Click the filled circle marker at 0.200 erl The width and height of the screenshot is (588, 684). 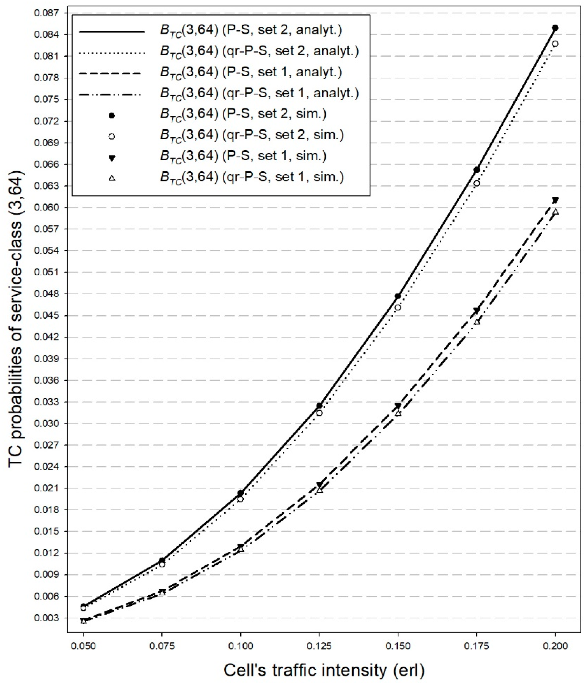pyautogui.click(x=555, y=28)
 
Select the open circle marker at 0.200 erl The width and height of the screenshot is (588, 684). pyautogui.click(x=555, y=44)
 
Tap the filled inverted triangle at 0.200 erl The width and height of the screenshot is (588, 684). pyautogui.click(x=555, y=200)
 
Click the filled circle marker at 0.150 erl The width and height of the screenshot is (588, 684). pyautogui.click(x=398, y=296)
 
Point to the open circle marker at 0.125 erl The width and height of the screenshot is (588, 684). pyautogui.click(x=319, y=413)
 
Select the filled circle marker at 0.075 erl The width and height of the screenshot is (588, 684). pyautogui.click(x=162, y=561)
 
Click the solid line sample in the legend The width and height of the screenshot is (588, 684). pyautogui.click(x=112, y=31)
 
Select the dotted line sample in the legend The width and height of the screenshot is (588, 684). pyautogui.click(x=112, y=53)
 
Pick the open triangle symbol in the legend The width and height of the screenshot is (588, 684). pyautogui.click(x=112, y=178)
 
